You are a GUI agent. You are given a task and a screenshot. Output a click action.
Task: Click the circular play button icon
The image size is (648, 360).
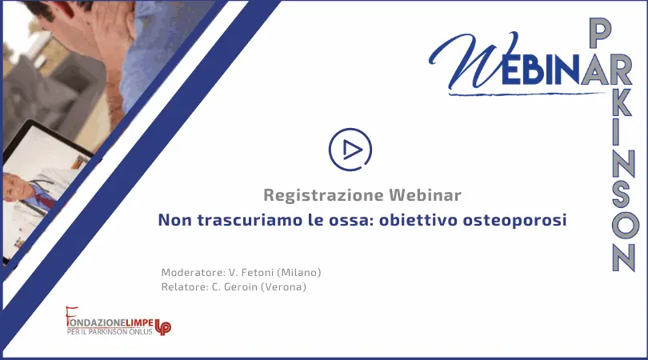pyautogui.click(x=350, y=150)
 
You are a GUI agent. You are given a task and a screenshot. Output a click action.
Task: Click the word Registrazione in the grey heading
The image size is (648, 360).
pyautogui.click(x=323, y=195)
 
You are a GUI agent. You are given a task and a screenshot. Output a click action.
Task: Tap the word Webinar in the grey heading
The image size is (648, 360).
pyautogui.click(x=425, y=194)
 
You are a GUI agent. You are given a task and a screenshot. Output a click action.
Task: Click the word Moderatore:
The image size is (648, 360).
pyautogui.click(x=194, y=272)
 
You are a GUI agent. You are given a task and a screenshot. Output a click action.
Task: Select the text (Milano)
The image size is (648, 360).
pyautogui.click(x=298, y=272)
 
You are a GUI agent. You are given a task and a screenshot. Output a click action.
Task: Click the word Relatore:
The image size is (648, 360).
pyautogui.click(x=185, y=287)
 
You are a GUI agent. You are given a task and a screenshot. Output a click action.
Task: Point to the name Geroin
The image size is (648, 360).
pyautogui.click(x=241, y=287)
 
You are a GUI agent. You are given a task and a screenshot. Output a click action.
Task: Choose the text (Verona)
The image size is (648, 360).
pyautogui.click(x=283, y=287)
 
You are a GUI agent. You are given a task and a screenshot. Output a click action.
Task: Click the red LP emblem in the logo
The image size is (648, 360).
pyautogui.click(x=163, y=327)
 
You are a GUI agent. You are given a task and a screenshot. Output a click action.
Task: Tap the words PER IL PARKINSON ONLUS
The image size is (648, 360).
pyautogui.click(x=110, y=331)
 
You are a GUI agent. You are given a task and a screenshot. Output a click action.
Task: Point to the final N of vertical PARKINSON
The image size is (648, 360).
pyautogui.click(x=624, y=257)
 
